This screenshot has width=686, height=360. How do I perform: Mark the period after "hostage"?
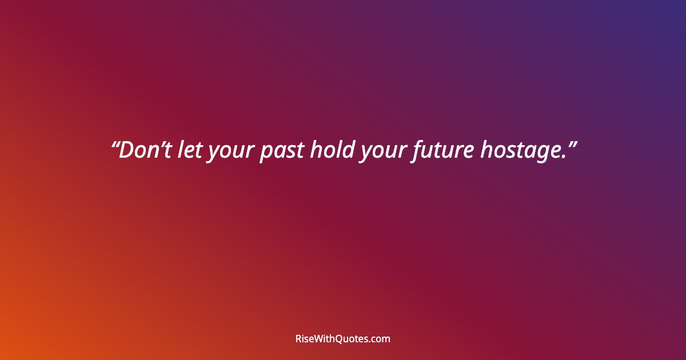[561, 158]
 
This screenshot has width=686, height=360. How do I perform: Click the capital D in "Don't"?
[126, 150]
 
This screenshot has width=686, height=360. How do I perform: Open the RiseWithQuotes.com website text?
[342, 339]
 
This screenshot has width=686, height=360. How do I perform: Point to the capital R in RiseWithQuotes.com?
[298, 339]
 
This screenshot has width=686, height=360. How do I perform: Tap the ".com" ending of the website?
[381, 339]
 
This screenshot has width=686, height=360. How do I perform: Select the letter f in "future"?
[415, 151]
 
